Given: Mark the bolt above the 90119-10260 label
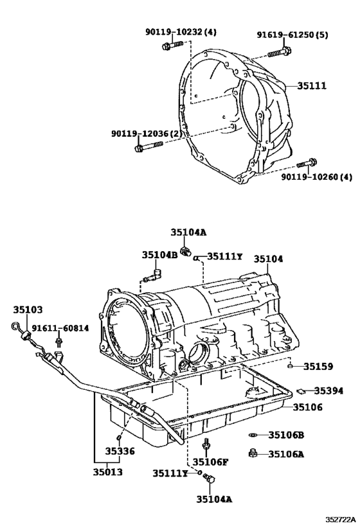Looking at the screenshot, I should pyautogui.click(x=309, y=162).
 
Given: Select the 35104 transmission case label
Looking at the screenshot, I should pyautogui.click(x=267, y=259).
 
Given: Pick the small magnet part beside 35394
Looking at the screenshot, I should pyautogui.click(x=300, y=389).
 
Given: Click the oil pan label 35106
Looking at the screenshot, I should pyautogui.click(x=309, y=407).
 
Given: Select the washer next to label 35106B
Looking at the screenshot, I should pyautogui.click(x=255, y=435).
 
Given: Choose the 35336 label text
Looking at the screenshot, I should pyautogui.click(x=120, y=451).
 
